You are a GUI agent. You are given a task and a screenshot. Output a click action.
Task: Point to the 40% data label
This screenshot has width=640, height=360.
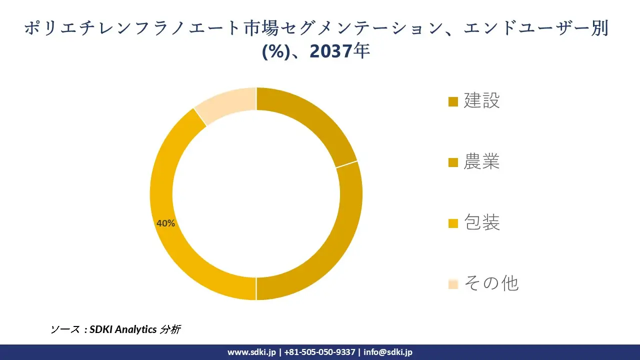pyautogui.click(x=165, y=223)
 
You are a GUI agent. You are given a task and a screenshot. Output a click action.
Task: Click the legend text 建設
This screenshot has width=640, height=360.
pyautogui.click(x=481, y=100)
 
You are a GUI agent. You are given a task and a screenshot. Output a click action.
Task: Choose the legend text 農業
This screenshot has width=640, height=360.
pyautogui.click(x=481, y=161)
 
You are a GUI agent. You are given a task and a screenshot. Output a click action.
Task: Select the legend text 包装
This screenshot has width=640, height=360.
pyautogui.click(x=481, y=222)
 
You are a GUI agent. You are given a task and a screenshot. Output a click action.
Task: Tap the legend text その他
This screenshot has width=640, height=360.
pyautogui.click(x=491, y=283)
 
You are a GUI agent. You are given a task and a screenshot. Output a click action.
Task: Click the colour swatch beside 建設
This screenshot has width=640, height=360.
pyautogui.click(x=453, y=101)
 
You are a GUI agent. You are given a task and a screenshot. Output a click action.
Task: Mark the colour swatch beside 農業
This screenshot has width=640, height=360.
pyautogui.click(x=453, y=162)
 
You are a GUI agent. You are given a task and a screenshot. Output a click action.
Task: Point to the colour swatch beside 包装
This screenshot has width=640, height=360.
pyautogui.click(x=453, y=223)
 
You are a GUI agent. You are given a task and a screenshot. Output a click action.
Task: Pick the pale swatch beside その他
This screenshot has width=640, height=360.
pyautogui.click(x=453, y=284)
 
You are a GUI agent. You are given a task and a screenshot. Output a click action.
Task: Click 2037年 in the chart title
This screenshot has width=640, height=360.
pyautogui.click(x=340, y=51)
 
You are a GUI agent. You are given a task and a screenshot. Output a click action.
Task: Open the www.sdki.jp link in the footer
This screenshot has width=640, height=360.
pyautogui.click(x=251, y=352)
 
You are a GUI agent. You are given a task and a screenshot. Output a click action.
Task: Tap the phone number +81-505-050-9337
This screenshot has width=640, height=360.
pyautogui.click(x=319, y=352)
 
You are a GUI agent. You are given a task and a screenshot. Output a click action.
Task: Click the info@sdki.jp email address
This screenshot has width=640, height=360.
pyautogui.click(x=388, y=352)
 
